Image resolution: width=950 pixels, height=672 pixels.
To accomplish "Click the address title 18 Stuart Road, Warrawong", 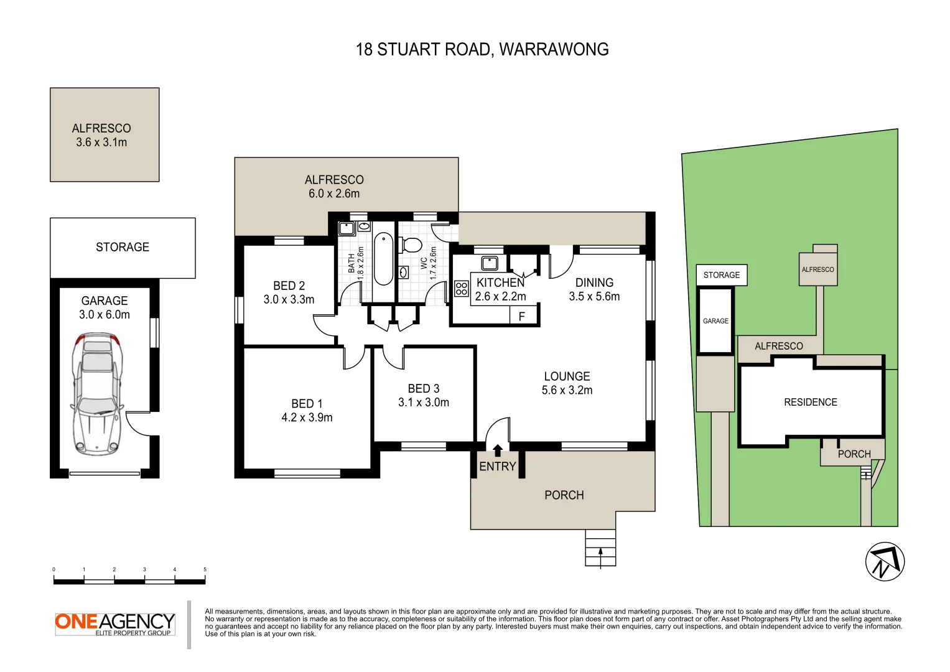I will (482, 50).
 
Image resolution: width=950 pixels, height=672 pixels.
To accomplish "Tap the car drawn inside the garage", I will (96, 393).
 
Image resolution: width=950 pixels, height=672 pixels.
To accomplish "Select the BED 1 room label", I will (307, 404).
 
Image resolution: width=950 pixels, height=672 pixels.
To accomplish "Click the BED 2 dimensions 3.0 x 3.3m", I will (289, 299).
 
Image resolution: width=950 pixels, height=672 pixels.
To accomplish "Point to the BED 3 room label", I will (423, 388).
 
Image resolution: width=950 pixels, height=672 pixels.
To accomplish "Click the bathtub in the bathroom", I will (383, 258).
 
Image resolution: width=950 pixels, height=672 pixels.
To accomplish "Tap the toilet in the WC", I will (412, 245).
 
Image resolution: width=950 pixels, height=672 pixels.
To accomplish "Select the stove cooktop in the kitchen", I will (461, 288).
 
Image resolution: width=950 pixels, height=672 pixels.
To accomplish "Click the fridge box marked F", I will (521, 317).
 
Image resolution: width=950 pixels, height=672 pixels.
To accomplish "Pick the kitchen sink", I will (490, 263).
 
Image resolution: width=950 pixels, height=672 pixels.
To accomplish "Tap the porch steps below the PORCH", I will (600, 548).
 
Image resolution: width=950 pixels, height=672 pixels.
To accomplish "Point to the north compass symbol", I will (884, 561).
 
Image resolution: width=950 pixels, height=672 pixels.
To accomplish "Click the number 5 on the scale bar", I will (205, 569).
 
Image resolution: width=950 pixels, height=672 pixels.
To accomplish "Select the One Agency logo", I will (114, 623).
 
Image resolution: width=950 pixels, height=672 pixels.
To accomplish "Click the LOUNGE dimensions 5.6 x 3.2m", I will (567, 390).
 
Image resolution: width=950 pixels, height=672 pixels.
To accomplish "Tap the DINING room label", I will (594, 282).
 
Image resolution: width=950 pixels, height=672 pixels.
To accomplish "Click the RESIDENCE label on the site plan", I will (810, 402).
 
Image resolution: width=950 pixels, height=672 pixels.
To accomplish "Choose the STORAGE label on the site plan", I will (721, 275).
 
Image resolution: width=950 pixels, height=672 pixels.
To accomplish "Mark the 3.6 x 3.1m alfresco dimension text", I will (101, 142).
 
